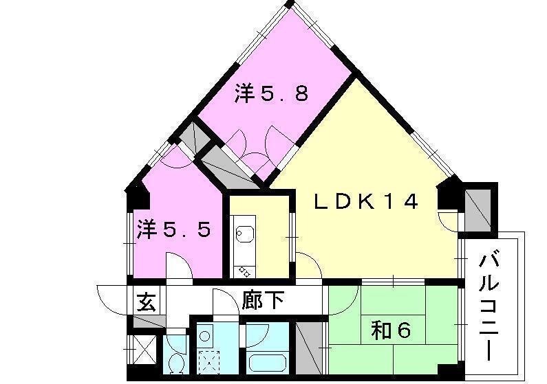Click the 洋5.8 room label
pyautogui.click(x=271, y=93)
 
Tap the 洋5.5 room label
pyautogui.click(x=173, y=229)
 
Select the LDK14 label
pyautogui.click(x=366, y=201)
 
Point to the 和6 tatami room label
pyautogui.click(x=391, y=330)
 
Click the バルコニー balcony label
pyautogui.click(x=489, y=308)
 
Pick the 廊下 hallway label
pyautogui.click(x=263, y=300)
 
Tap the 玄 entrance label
pyautogui.click(x=146, y=302)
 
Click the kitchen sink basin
pyautogui.click(x=244, y=233)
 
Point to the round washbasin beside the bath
pyautogui.click(x=204, y=337)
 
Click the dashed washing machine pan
pyautogui.click(x=209, y=361)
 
